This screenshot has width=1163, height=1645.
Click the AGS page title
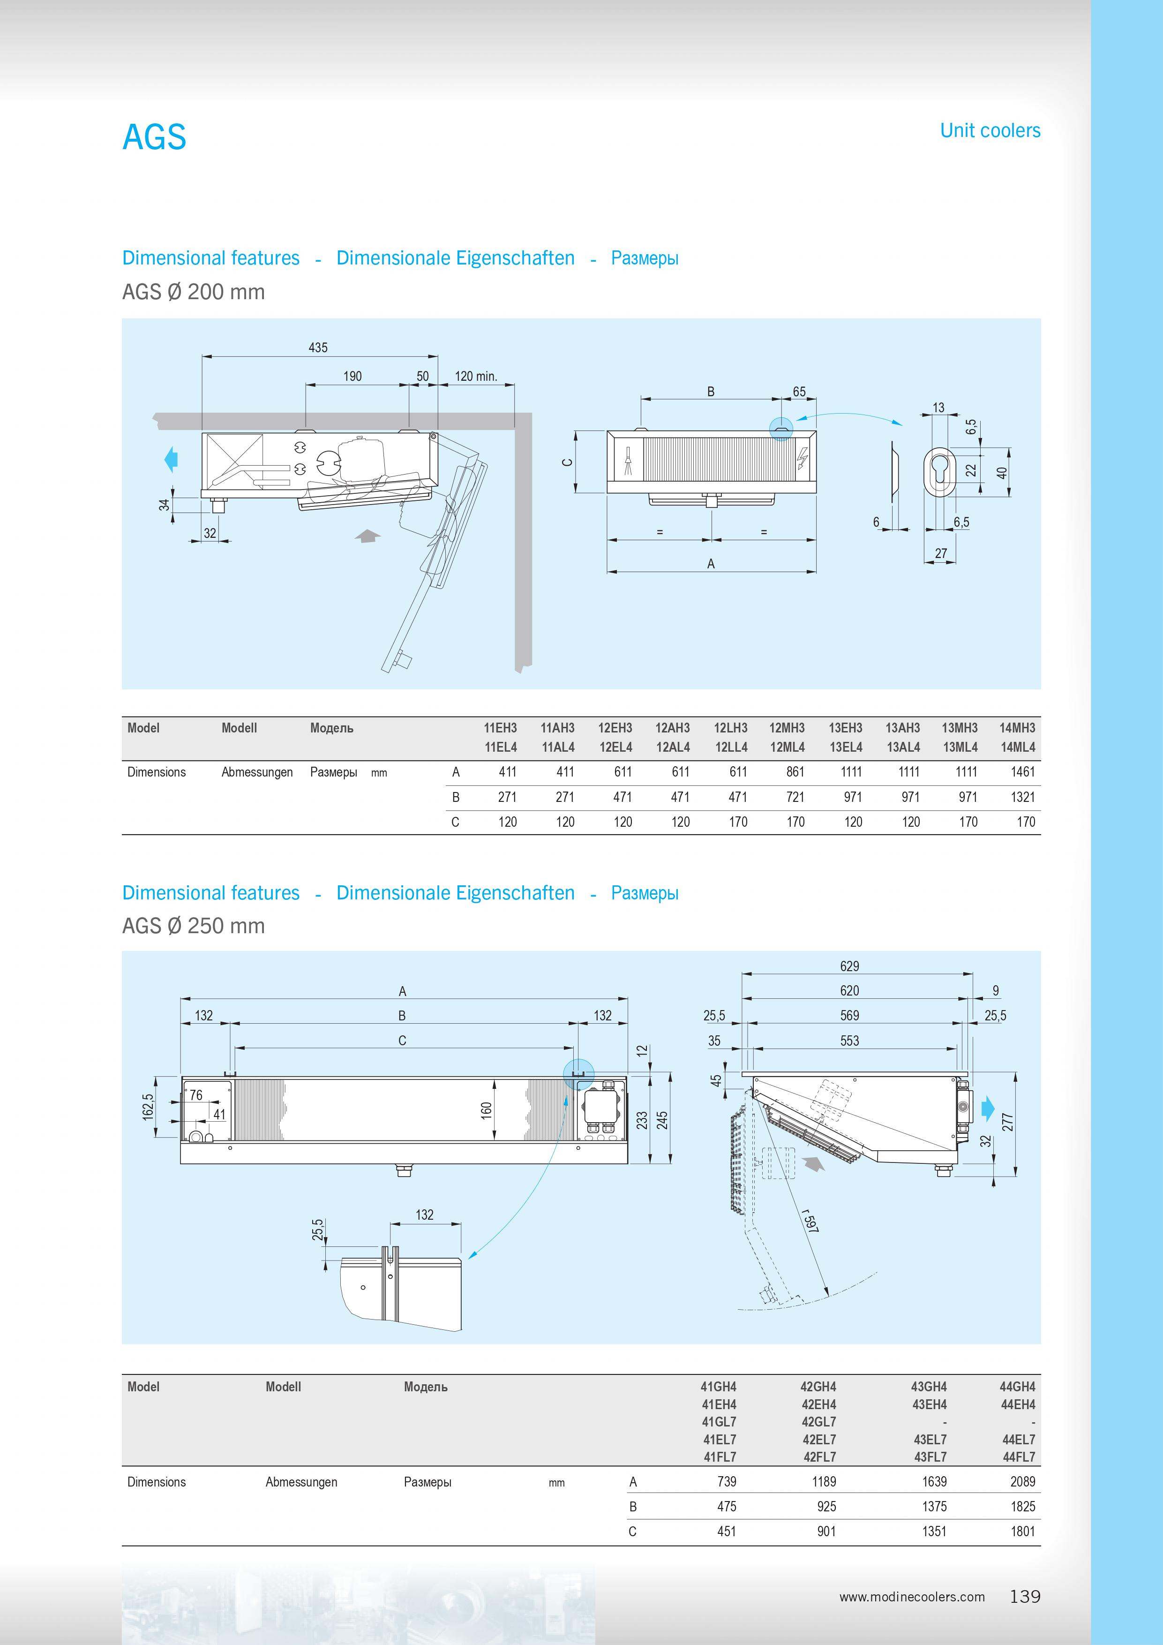(154, 137)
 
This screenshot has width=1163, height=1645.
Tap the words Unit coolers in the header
(990, 130)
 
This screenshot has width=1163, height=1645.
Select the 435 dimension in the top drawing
(318, 347)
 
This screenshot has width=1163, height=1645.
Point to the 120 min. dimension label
(475, 376)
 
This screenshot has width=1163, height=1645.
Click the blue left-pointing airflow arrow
(171, 459)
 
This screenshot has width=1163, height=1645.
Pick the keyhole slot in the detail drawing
(940, 471)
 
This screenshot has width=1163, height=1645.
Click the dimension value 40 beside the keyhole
(1002, 472)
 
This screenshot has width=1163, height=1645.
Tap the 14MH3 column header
(1017, 728)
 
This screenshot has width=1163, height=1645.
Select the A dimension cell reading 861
(795, 772)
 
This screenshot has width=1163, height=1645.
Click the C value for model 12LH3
(738, 822)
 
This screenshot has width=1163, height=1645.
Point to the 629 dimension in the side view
(849, 966)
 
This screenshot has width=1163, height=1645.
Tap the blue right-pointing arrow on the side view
(988, 1109)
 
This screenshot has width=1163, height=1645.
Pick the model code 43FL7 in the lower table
(930, 1456)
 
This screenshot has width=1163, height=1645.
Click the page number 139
(1025, 1596)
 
